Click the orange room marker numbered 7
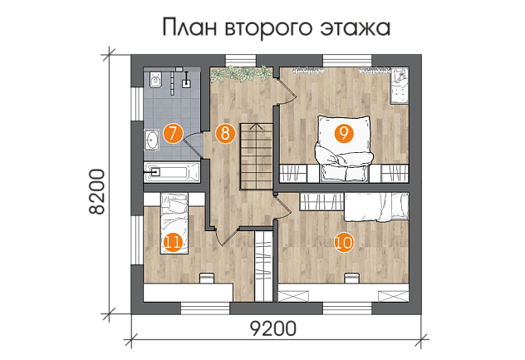[x=173, y=134]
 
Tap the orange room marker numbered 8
[x=225, y=134]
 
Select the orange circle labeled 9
[x=344, y=134]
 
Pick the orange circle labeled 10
[x=344, y=242]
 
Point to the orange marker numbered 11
[x=173, y=242]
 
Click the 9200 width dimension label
[x=273, y=328]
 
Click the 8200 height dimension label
[x=98, y=191]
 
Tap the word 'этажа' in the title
[x=356, y=28]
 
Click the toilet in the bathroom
[x=155, y=79]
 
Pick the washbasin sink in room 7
[x=152, y=140]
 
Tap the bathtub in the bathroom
[x=172, y=172]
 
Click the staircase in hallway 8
[x=257, y=156]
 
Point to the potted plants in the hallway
[x=241, y=74]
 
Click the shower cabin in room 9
[x=400, y=86]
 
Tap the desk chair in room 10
[x=351, y=279]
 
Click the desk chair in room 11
[x=207, y=279]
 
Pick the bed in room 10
[x=376, y=207]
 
